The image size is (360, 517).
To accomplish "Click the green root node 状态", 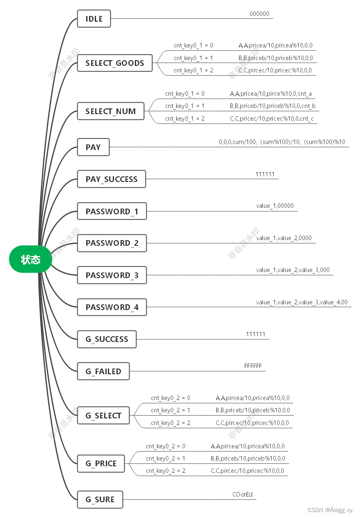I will tap(31, 259).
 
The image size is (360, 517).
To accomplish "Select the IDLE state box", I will tap(94, 19).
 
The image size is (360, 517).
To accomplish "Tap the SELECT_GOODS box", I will tap(115, 63).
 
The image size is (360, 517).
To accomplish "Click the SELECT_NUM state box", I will tap(111, 111).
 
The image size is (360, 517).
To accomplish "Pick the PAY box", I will tap(93, 147).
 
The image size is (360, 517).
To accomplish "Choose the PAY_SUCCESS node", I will tap(112, 179).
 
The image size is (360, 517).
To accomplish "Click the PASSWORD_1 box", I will tap(112, 211).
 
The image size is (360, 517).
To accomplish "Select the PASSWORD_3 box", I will tap(112, 275).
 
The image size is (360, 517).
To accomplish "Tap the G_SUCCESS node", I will tap(107, 339).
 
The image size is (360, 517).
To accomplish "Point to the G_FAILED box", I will tap(103, 371).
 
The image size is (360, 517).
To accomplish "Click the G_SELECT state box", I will tap(103, 416).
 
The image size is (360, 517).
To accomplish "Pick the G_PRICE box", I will tap(101, 463).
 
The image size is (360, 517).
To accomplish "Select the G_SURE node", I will tap(100, 499).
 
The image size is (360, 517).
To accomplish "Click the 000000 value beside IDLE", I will tap(259, 14).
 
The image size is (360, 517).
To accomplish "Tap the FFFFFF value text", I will tap(253, 366).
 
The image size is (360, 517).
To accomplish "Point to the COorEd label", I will tap(243, 495).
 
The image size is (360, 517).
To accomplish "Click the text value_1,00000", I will tap(275, 206).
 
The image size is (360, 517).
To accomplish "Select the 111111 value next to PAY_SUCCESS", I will tap(265, 174).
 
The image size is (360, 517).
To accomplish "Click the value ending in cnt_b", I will tap(273, 106).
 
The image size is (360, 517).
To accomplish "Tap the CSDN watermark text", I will tap(331, 510).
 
